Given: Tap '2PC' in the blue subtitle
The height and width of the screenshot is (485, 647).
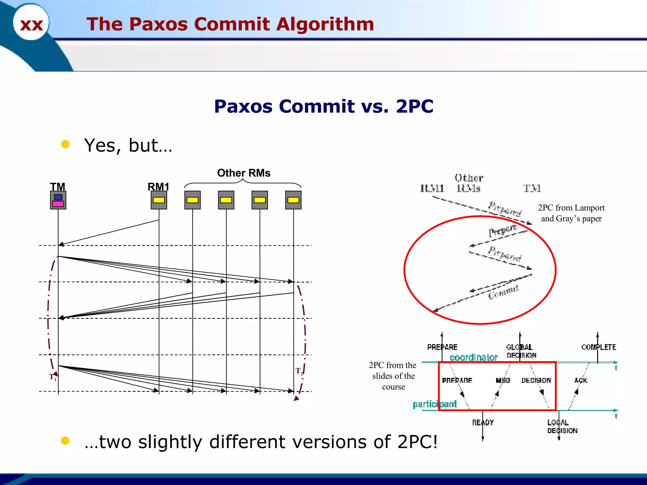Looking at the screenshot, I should click(x=414, y=106).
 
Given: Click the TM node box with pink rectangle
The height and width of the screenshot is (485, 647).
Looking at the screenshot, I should click(x=58, y=200).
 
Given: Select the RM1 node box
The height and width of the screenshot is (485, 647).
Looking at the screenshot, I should click(x=159, y=200).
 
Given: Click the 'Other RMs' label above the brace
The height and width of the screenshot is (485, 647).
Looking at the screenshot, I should click(x=244, y=173).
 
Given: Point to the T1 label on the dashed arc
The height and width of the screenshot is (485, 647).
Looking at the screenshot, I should click(x=53, y=377).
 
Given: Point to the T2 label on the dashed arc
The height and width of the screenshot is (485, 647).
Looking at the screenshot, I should click(x=299, y=371).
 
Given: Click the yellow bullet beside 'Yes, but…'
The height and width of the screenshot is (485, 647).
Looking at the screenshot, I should click(x=65, y=144).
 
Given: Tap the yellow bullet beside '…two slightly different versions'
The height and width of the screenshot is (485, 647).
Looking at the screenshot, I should click(x=65, y=441).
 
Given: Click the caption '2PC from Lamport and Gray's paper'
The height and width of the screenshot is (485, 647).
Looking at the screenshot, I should click(x=571, y=213).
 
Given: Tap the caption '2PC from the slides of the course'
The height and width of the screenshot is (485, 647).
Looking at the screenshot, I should click(x=393, y=376).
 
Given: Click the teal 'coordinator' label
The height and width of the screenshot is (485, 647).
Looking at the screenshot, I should click(x=473, y=357).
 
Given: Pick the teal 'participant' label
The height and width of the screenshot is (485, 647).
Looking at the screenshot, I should click(x=434, y=404).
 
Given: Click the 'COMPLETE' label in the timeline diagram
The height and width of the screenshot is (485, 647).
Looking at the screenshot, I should click(x=598, y=347).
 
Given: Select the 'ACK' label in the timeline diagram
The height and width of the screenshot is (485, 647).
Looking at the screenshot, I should click(x=581, y=380).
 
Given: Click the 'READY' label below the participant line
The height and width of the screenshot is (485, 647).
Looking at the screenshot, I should click(x=482, y=422).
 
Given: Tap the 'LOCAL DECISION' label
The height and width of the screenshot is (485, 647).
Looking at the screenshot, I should click(x=562, y=427).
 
